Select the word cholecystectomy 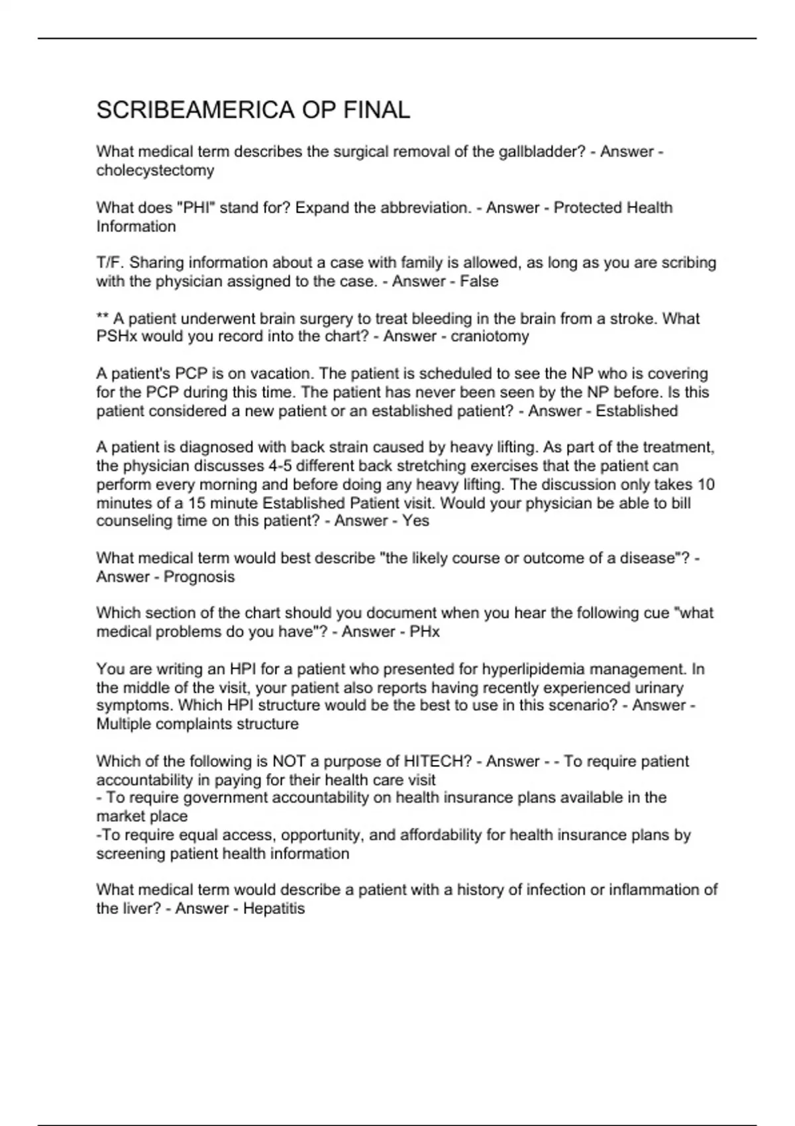pyautogui.click(x=155, y=171)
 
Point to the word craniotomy pyautogui.click(x=490, y=336)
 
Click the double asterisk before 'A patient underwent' pyautogui.click(x=103, y=319)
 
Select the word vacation pyautogui.click(x=286, y=374)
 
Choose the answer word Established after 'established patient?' pyautogui.click(x=637, y=411)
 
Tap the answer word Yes pyautogui.click(x=415, y=521)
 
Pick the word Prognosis pyautogui.click(x=199, y=577)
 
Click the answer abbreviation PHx pyautogui.click(x=425, y=632)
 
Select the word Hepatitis pyautogui.click(x=274, y=909)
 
